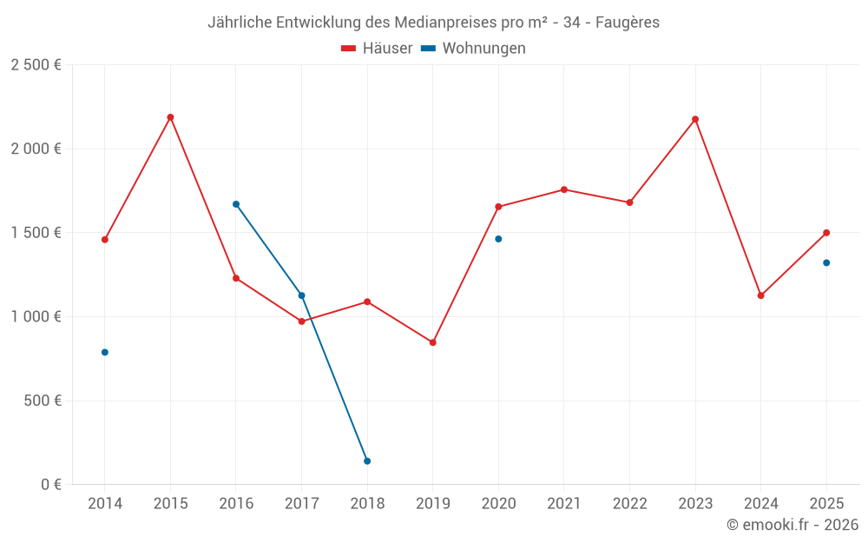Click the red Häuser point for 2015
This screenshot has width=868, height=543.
170,117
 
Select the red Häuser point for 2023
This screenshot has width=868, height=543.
695,119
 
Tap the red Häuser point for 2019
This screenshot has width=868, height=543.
433,342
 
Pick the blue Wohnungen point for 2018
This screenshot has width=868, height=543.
367,461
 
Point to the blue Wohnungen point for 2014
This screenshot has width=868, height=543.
105,353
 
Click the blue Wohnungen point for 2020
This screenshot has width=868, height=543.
498,239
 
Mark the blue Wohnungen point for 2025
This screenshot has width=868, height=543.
826,263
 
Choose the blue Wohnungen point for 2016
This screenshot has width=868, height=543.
236,204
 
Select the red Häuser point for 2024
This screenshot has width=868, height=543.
761,295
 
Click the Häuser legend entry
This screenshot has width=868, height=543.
377,49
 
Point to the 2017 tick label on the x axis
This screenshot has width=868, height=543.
301,504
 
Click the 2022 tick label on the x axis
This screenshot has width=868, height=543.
629,504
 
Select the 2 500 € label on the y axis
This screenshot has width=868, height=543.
36,65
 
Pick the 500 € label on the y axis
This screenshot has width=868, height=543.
43,401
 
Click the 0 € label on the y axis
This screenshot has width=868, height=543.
49,485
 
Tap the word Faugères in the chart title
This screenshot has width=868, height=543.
627,23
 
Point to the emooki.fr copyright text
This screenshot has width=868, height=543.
792,525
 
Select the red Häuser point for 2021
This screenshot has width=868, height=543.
564,189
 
